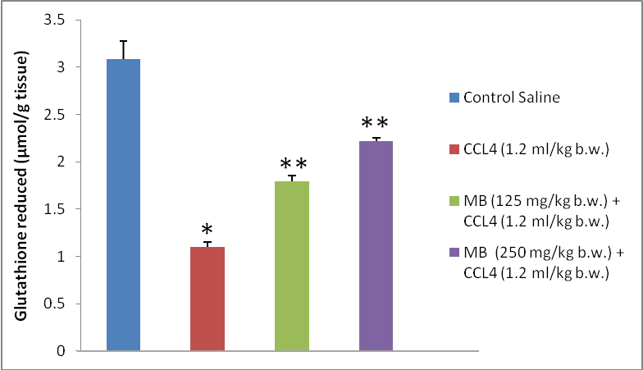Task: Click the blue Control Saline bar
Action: (123, 205)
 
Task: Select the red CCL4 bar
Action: (207, 299)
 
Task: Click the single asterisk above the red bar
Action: (207, 229)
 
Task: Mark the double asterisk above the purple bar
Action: (376, 126)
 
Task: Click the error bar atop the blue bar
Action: (123, 49)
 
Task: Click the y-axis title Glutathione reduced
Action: (24, 185)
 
